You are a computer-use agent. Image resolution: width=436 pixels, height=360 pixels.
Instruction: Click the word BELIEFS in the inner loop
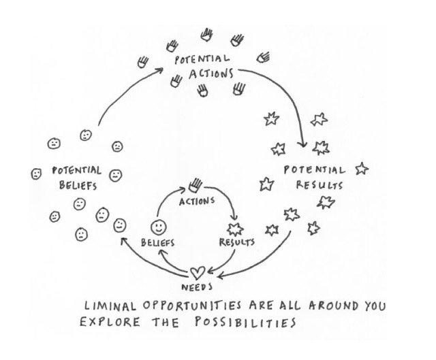pos(158,242)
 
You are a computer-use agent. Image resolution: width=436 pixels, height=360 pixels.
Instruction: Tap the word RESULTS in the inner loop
pos(237,242)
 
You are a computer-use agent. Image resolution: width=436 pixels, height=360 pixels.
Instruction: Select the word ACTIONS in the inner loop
pos(197,201)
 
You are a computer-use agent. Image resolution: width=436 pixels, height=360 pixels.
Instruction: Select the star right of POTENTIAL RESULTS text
pos(361,168)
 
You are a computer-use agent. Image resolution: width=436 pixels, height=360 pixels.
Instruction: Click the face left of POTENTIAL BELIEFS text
pos(36,174)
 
